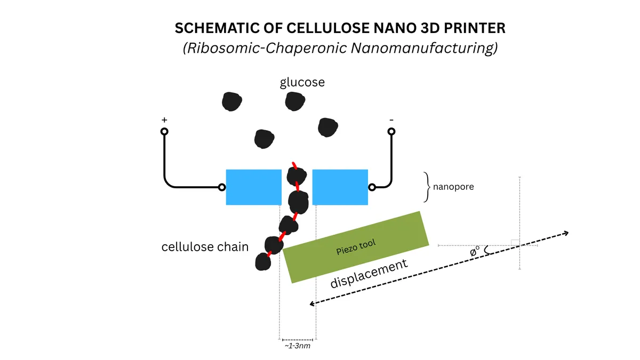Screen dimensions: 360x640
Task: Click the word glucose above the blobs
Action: click(302, 83)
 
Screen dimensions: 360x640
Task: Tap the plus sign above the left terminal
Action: click(164, 121)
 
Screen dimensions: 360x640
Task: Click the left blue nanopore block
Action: click(253, 187)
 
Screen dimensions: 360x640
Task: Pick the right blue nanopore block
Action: click(340, 187)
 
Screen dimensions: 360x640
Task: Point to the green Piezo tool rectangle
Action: click(356, 246)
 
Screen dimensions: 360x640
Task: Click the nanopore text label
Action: click(453, 187)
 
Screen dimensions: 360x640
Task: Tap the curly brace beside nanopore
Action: click(427, 187)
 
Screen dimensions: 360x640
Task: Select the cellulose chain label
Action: click(205, 247)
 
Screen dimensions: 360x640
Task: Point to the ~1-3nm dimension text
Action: click(298, 346)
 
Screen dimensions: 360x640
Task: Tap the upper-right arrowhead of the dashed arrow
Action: click(566, 233)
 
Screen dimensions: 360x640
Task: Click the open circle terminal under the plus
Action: click(164, 131)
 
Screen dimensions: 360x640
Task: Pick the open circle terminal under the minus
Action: click(391, 131)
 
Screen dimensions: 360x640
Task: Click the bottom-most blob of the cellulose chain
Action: click(262, 262)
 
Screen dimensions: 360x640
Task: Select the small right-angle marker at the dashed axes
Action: click(515, 242)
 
